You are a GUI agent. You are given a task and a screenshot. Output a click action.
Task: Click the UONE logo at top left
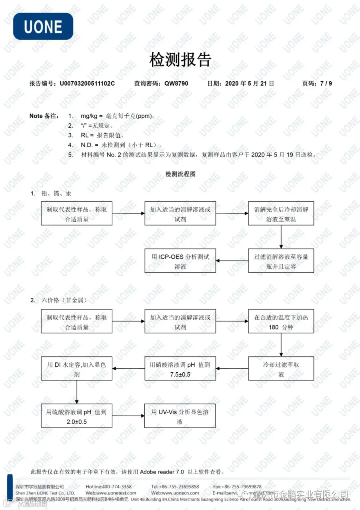pyautogui.click(x=43, y=26)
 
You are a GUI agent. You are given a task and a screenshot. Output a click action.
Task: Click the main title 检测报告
pyautogui.click(x=180, y=60)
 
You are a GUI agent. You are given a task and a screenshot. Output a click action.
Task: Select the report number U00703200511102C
pyautogui.click(x=87, y=84)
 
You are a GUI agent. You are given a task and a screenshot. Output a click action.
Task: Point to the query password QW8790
pyautogui.click(x=176, y=84)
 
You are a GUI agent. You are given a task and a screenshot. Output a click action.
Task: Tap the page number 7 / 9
pyautogui.click(x=326, y=84)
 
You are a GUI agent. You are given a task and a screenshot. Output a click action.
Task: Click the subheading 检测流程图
pyautogui.click(x=180, y=174)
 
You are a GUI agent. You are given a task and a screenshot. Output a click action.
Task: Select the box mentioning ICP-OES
pyautogui.click(x=180, y=261)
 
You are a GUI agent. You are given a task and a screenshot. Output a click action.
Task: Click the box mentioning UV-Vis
pyautogui.click(x=180, y=416)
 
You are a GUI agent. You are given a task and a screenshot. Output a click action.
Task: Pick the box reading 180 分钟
pyautogui.click(x=281, y=321)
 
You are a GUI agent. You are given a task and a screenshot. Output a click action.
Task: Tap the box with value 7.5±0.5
pyautogui.click(x=180, y=369)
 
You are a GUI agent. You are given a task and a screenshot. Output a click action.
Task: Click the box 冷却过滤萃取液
pyautogui.click(x=281, y=369)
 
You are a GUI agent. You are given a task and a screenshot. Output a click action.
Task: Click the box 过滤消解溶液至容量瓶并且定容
pyautogui.click(x=281, y=261)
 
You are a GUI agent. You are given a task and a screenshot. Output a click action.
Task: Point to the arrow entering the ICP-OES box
pyautogui.click(x=232, y=261)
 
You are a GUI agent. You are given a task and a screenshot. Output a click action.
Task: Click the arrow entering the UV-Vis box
pyautogui.click(x=128, y=416)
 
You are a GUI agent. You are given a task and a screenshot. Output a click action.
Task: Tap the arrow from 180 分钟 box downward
pyautogui.click(x=281, y=345)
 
